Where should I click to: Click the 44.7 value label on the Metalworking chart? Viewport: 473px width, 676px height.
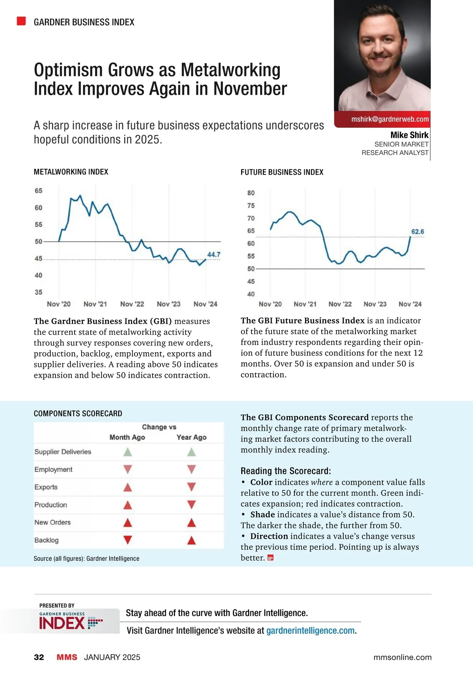pos(214,255)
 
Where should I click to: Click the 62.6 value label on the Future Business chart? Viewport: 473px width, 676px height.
pos(417,232)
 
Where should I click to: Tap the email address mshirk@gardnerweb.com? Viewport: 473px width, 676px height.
pos(390,119)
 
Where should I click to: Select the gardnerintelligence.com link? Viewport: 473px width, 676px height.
pos(311,631)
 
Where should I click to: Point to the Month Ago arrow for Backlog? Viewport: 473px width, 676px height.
pos(127,540)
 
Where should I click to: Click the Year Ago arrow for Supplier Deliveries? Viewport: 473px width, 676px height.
pos(192,452)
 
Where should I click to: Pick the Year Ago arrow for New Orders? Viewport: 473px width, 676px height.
pos(192,523)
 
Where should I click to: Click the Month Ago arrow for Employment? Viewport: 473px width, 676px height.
pos(127,469)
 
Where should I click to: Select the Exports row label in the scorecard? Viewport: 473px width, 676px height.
pos(46,487)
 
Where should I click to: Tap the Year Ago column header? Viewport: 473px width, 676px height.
pos(192,437)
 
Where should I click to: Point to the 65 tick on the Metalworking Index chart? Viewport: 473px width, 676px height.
pos(38,191)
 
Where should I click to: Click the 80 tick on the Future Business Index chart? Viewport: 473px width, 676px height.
pos(251,193)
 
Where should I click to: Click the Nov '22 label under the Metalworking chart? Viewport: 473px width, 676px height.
pos(132,304)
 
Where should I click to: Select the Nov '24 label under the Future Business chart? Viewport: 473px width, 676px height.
pos(410,304)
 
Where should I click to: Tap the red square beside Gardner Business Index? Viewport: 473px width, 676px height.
pos(21,21)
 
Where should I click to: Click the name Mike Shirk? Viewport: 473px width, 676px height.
pos(409,135)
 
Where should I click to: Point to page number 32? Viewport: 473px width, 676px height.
pos(39,657)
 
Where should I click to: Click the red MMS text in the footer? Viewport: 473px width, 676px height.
pos(67,657)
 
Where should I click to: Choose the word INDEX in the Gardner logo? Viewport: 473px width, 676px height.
pos(62,623)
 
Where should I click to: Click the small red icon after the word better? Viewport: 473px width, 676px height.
pos(270,558)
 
